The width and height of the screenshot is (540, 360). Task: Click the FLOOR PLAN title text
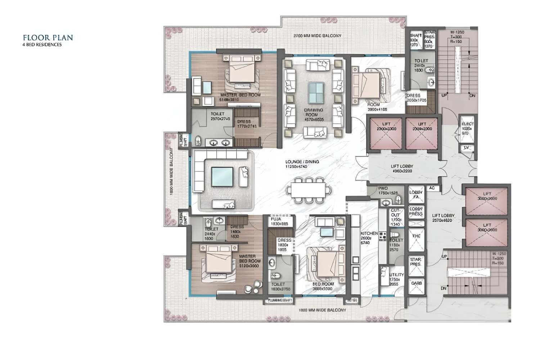point(48,37)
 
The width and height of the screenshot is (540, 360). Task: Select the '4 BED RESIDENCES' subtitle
point(42,45)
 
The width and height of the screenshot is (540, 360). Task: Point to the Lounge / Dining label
point(302,164)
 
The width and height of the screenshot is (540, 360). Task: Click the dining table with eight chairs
point(309,190)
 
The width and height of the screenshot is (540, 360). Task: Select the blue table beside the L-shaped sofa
point(222,177)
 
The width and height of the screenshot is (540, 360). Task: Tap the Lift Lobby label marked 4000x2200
point(402,169)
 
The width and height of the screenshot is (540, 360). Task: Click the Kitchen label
point(369,238)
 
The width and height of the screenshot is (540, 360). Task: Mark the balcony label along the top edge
point(317,36)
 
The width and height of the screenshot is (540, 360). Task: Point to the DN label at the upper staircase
point(472,96)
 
